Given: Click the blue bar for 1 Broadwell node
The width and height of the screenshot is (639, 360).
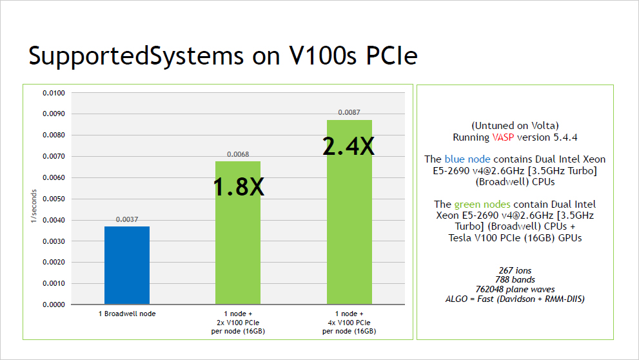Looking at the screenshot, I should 127,265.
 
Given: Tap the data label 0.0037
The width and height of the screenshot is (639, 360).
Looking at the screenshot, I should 127,220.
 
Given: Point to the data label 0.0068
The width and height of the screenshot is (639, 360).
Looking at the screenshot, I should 238,154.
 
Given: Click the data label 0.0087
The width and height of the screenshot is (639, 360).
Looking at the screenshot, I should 349,113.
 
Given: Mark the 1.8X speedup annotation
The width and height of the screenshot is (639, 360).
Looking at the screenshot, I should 239,186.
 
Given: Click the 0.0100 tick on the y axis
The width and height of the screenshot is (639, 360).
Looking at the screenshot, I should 54,93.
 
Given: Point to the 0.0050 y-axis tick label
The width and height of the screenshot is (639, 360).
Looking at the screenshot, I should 54,199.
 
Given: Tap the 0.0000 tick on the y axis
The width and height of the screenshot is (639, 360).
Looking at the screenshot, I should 54,305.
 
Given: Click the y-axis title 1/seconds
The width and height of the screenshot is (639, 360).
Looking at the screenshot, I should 34,206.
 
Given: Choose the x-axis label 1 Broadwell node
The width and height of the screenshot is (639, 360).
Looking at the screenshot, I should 127,314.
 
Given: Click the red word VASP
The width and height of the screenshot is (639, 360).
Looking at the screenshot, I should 504,137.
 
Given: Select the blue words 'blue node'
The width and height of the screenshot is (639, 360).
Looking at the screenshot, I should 467,159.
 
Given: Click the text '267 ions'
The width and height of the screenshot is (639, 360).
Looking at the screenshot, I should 515,270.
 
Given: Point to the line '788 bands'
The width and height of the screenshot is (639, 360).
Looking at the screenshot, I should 515,280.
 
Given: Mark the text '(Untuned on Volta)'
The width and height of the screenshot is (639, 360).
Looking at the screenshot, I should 515,125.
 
